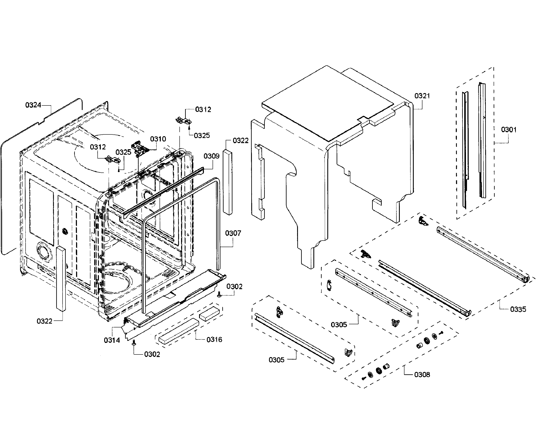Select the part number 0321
pyautogui.click(x=422, y=96)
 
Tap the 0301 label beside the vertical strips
pyautogui.click(x=509, y=130)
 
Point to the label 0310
pyautogui.click(x=158, y=139)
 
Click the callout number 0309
pyautogui.click(x=211, y=156)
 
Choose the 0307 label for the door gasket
pyautogui.click(x=233, y=233)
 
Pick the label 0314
pyautogui.click(x=112, y=340)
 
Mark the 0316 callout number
pyautogui.click(x=214, y=340)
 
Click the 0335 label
pyautogui.click(x=518, y=309)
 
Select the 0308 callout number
pyautogui.click(x=422, y=375)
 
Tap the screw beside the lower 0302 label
pyautogui.click(x=134, y=343)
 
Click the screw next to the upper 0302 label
pyautogui.click(x=219, y=295)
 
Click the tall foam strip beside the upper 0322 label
pyautogui.click(x=228, y=182)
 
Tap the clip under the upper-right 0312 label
pyautogui.click(x=183, y=120)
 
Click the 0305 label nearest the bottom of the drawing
pyautogui.click(x=276, y=360)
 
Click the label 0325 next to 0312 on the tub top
pyautogui.click(x=123, y=152)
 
